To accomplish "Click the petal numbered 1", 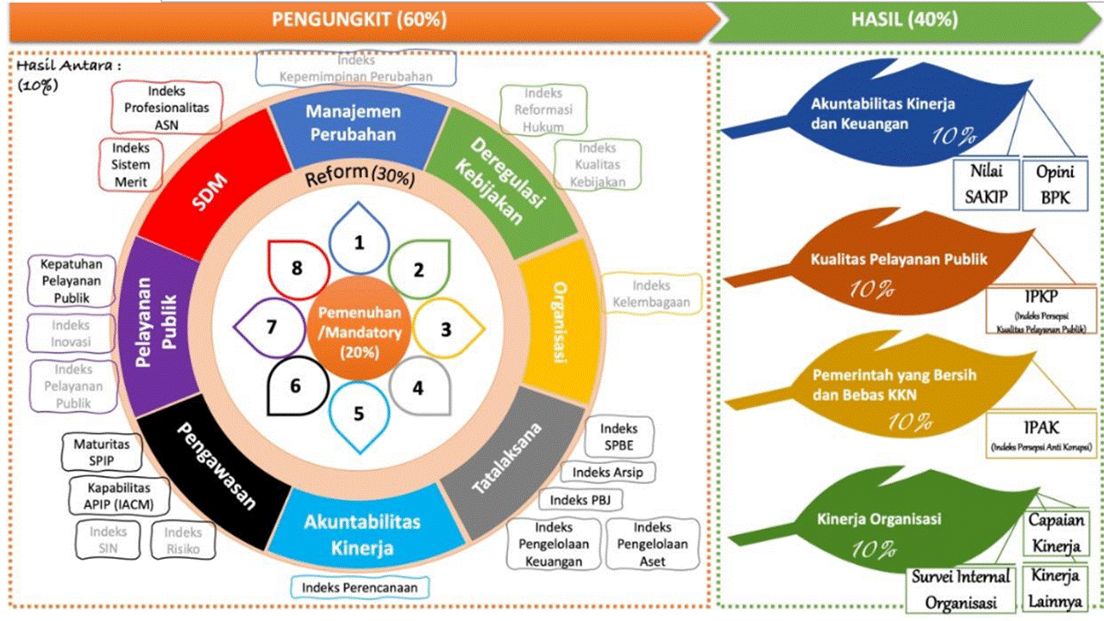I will [359, 241].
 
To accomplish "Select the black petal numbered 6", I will [297, 386].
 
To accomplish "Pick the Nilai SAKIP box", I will [986, 184].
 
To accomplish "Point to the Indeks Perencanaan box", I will [360, 587].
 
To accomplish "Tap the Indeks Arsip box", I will [607, 472].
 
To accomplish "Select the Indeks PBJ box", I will [580, 499].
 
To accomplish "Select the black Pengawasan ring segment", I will [216, 470].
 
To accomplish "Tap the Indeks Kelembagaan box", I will [651, 293].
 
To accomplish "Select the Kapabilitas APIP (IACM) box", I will [117, 495].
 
